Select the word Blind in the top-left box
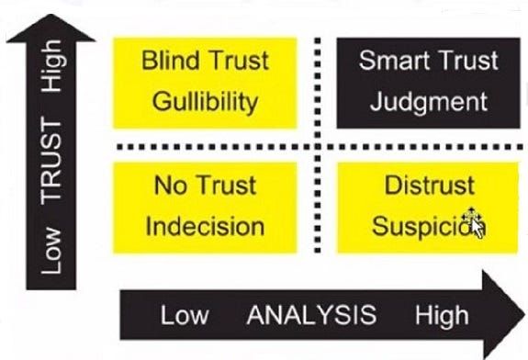point(170,61)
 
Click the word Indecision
point(205,225)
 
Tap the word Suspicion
point(421,225)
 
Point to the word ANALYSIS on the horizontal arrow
point(310,316)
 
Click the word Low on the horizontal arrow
point(185,316)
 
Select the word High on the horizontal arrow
point(441,316)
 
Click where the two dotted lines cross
point(316,147)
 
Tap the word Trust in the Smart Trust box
point(465,61)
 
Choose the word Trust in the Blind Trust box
point(236,61)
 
